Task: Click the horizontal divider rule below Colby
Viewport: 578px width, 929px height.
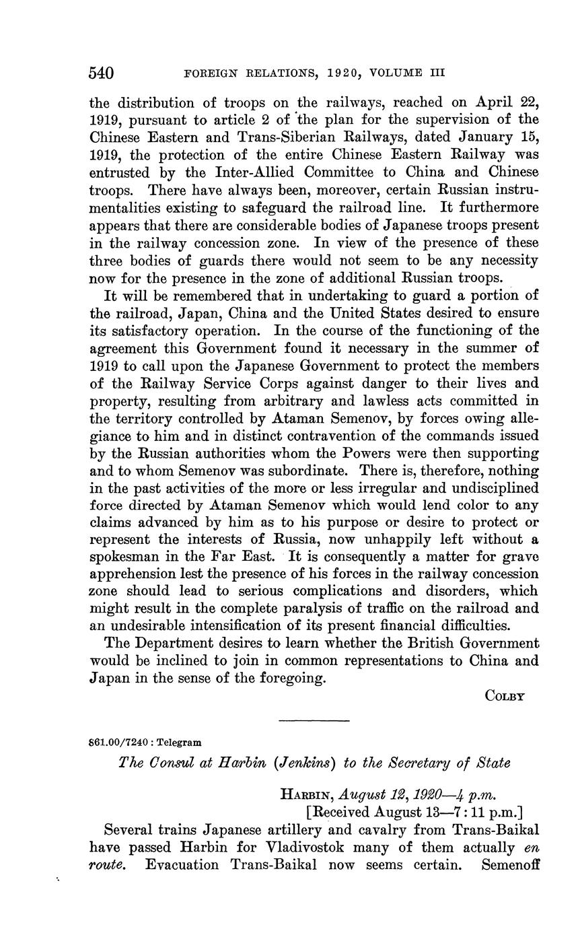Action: [314, 722]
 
